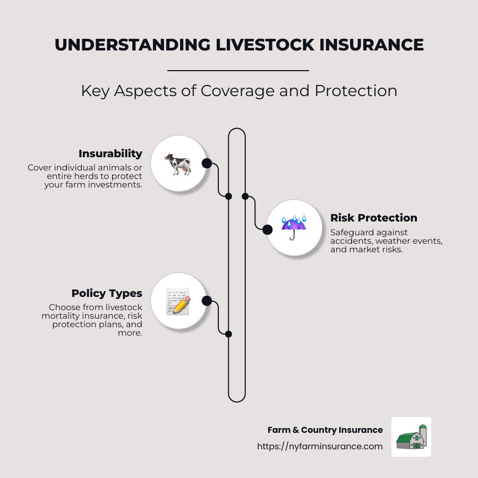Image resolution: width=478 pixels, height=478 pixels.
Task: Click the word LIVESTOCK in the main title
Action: tap(265, 45)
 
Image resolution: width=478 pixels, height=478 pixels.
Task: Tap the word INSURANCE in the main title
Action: tap(371, 45)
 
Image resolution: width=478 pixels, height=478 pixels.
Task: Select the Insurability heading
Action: tap(110, 153)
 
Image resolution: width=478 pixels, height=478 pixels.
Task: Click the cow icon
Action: tap(178, 164)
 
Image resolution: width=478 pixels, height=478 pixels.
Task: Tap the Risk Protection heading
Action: tap(374, 218)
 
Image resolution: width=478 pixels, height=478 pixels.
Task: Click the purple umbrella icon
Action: tap(294, 227)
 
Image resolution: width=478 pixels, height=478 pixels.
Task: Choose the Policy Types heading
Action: tap(107, 293)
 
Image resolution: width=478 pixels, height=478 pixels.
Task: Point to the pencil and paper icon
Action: tap(178, 302)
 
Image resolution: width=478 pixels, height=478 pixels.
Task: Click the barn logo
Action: tap(411, 437)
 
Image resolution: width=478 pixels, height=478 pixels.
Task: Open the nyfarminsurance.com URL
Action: tap(320, 446)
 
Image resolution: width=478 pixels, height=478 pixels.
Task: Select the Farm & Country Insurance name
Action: tap(325, 430)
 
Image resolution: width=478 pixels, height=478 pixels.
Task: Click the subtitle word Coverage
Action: tap(237, 91)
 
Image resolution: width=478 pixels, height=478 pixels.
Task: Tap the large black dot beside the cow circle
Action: tap(207, 164)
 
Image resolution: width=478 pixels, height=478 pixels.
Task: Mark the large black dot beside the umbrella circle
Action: tap(267, 229)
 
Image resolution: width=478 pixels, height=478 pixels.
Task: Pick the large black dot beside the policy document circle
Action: tap(207, 301)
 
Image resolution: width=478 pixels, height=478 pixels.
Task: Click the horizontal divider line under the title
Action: tap(238, 71)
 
